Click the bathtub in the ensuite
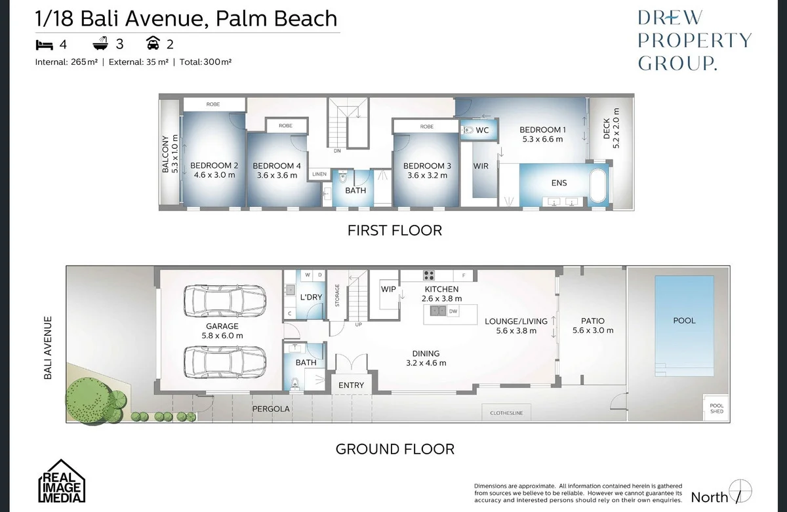(597, 187)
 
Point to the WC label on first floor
(482, 130)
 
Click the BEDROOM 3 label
(427, 166)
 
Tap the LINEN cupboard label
(319, 174)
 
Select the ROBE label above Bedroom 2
(213, 104)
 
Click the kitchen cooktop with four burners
(430, 275)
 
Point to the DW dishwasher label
(453, 311)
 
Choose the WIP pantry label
(388, 289)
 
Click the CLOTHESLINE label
(506, 414)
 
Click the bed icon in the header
(45, 45)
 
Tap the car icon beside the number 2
(153, 45)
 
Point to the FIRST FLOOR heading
(394, 230)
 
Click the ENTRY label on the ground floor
(351, 385)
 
